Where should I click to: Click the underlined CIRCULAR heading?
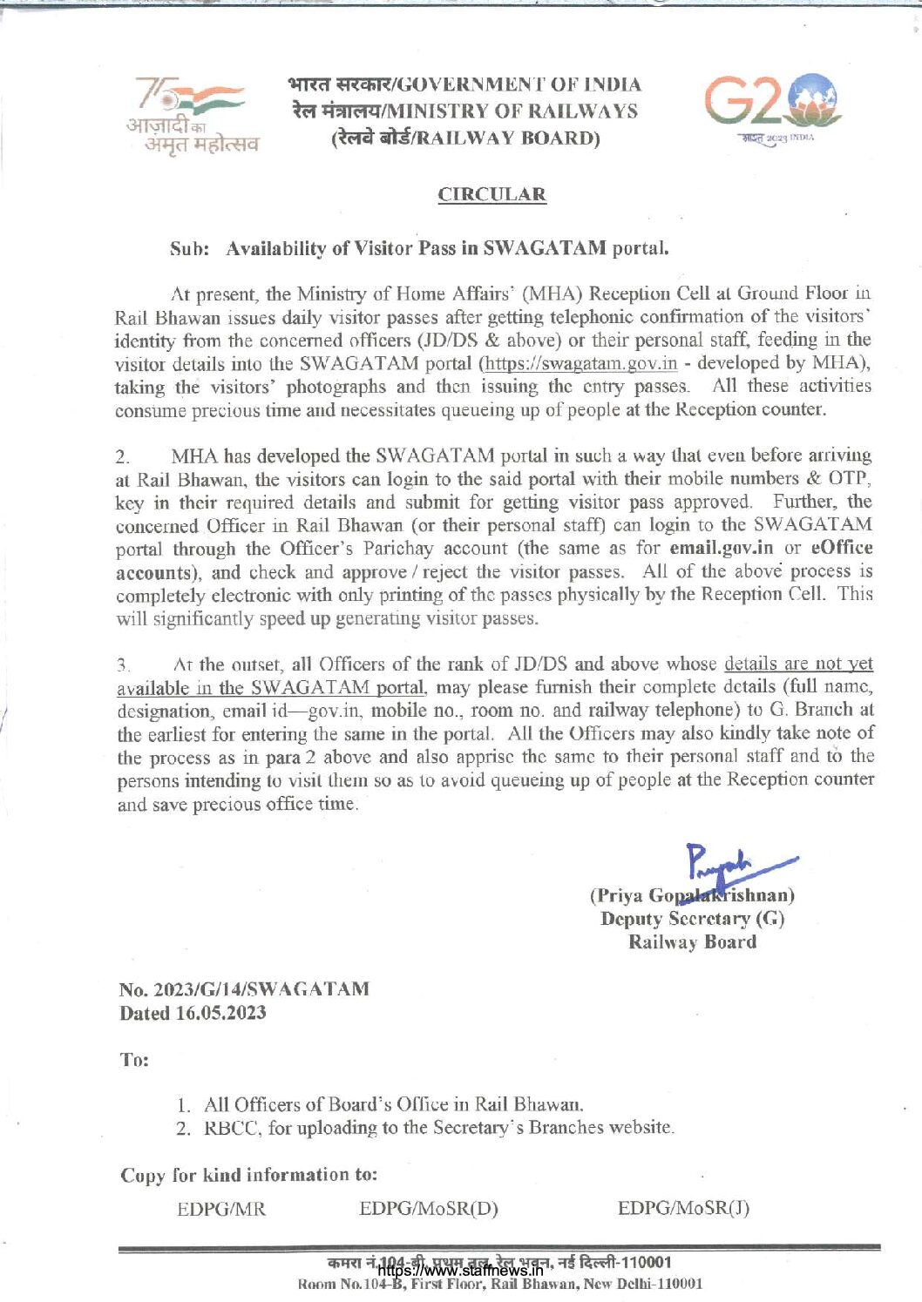tap(492, 194)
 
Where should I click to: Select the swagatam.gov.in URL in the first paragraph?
tap(581, 363)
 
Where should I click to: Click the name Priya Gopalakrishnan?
tap(692, 895)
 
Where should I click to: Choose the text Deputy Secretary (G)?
tap(692, 919)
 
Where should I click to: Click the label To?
tap(134, 1060)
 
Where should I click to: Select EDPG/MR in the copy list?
tap(221, 1209)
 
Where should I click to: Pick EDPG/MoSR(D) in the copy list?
tap(429, 1209)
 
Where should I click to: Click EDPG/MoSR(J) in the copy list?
tap(683, 1208)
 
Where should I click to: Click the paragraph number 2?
tap(123, 456)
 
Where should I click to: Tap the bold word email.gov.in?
tap(721, 548)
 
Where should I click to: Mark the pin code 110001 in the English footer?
tap(679, 1284)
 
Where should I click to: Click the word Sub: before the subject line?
tap(189, 249)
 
